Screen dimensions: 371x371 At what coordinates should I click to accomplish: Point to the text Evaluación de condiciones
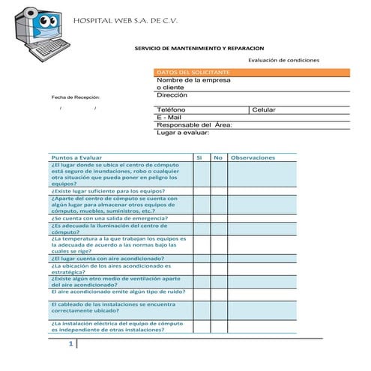click(x=283, y=60)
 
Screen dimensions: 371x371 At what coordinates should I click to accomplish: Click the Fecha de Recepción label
click(x=76, y=98)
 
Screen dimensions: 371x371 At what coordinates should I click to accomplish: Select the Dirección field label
click(x=172, y=95)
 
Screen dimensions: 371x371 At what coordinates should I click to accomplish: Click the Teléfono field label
click(x=171, y=110)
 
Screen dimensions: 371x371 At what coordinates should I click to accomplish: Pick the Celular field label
click(x=264, y=110)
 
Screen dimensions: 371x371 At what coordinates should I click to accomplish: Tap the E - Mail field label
click(x=169, y=118)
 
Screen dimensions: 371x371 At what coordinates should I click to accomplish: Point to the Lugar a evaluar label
click(x=182, y=133)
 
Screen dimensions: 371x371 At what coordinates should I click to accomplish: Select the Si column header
click(x=199, y=157)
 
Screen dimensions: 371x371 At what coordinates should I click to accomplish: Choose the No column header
click(x=218, y=157)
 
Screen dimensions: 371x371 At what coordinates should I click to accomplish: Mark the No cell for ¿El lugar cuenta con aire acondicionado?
click(x=218, y=257)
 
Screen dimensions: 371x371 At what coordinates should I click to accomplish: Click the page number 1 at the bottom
click(x=70, y=344)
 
